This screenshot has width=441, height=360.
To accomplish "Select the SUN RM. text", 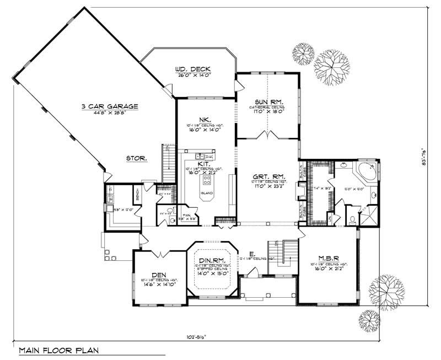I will (268, 102).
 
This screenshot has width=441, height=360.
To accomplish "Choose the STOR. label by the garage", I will (135, 158).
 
